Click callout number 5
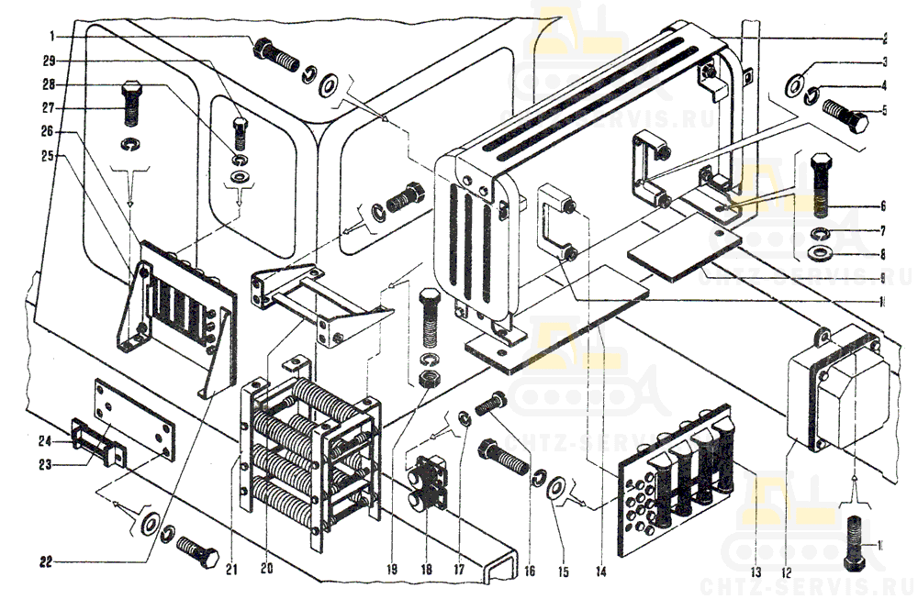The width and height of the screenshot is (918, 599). [x=884, y=110]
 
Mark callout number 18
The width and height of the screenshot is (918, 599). [x=425, y=570]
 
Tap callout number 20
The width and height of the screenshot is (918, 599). [x=266, y=570]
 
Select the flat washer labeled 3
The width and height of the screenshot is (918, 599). [x=797, y=83]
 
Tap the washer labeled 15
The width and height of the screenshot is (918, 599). [x=555, y=487]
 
